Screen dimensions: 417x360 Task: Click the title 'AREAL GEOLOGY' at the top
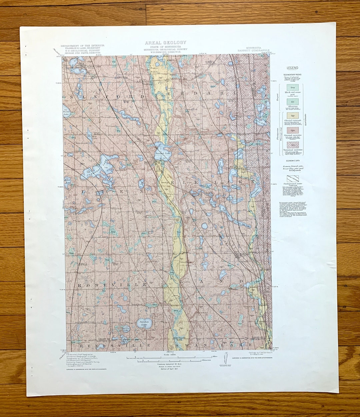click(165, 43)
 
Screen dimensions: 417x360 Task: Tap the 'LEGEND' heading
click(293, 68)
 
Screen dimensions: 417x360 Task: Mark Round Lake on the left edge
click(66, 112)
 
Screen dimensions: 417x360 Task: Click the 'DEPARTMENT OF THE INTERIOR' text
click(82, 46)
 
